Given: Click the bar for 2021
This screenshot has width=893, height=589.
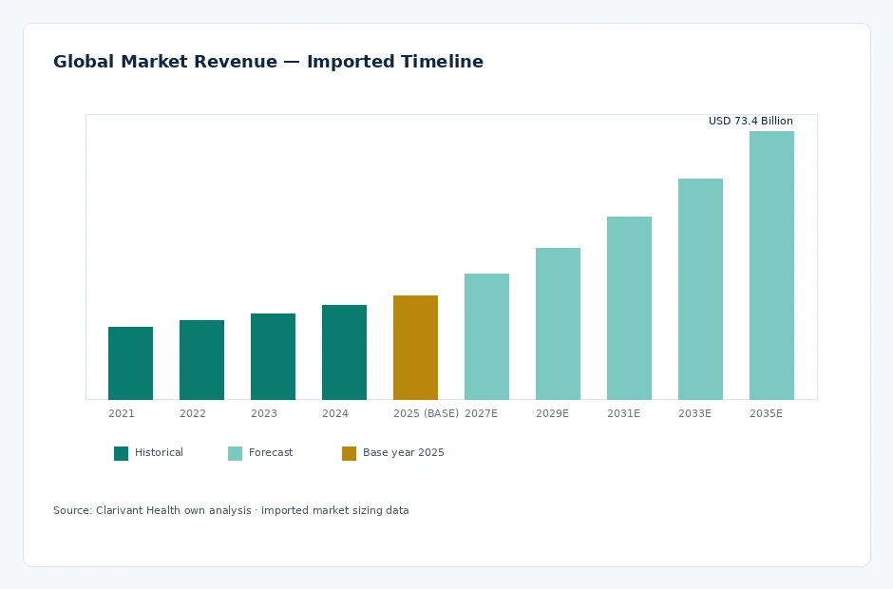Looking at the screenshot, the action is pyautogui.click(x=130, y=364).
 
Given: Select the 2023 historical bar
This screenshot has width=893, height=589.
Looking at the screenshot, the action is pyautogui.click(x=273, y=356).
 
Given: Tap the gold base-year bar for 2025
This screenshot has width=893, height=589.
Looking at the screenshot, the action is pyautogui.click(x=415, y=348).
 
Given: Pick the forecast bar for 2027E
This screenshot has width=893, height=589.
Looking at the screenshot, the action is pyautogui.click(x=486, y=336).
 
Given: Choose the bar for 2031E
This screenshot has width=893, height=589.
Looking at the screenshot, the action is pyautogui.click(x=629, y=308).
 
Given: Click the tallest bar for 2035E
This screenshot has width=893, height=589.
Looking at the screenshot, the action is pyautogui.click(x=771, y=265).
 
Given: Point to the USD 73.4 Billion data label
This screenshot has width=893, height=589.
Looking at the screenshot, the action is pyautogui.click(x=750, y=121).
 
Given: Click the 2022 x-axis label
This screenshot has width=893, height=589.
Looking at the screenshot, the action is pyautogui.click(x=193, y=413).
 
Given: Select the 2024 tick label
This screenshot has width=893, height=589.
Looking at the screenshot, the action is pyautogui.click(x=334, y=413).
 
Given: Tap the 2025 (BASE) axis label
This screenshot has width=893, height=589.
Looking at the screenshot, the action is pyautogui.click(x=426, y=413).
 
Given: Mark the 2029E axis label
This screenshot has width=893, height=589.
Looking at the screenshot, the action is pyautogui.click(x=552, y=413).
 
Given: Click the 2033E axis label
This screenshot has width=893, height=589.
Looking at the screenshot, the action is pyautogui.click(x=694, y=413).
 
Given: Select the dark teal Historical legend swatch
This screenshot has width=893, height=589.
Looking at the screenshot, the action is pyautogui.click(x=122, y=453).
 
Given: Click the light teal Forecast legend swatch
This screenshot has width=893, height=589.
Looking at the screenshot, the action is pyautogui.click(x=236, y=453).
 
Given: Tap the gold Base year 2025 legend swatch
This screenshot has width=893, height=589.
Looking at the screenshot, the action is pyautogui.click(x=349, y=453).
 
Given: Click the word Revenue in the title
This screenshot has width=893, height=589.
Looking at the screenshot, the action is pyautogui.click(x=236, y=62).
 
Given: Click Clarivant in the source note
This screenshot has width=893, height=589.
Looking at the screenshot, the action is pyautogui.click(x=120, y=510).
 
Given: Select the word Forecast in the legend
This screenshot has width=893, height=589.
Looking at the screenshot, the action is pyautogui.click(x=271, y=452).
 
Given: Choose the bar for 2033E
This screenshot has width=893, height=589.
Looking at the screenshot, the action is pyautogui.click(x=700, y=290).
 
